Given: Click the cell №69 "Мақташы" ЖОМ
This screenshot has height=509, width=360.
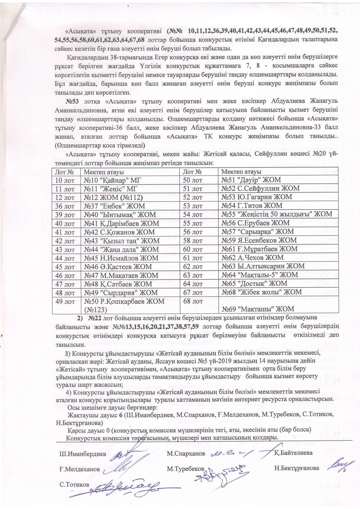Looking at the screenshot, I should click(258, 308).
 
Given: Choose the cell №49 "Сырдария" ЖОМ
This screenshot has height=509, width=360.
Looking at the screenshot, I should click(121, 292).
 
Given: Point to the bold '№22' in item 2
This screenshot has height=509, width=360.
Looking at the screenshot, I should click(95, 318).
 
